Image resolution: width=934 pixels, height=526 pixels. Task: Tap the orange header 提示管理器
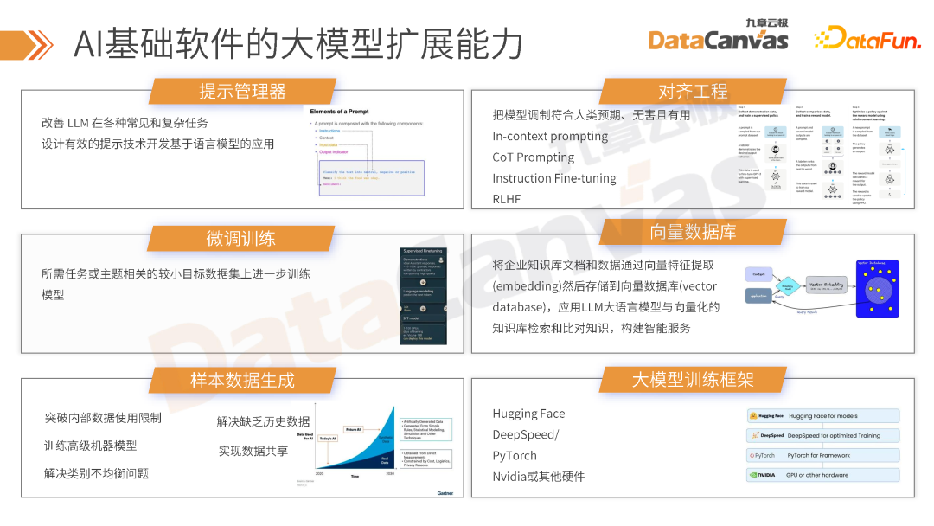pos(242,91)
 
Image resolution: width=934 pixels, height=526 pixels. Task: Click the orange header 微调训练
pos(242,238)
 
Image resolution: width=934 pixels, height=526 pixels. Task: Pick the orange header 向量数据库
pos(693,232)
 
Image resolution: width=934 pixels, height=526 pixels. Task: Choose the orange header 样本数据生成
pos(242,379)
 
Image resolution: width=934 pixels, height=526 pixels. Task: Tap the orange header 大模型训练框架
pos(693,379)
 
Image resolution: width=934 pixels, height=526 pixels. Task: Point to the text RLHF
pos(507,199)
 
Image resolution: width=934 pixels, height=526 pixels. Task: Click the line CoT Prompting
pos(533,157)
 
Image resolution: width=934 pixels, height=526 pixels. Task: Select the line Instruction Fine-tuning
pos(554,178)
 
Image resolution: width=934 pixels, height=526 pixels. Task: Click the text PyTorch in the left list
pos(515,456)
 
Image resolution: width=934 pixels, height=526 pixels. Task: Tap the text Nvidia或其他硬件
pos(538,477)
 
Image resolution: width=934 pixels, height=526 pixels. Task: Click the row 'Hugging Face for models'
pos(822,416)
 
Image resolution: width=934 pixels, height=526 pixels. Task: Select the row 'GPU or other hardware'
pos(822,475)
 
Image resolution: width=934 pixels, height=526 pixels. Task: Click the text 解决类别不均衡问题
pos(96,473)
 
